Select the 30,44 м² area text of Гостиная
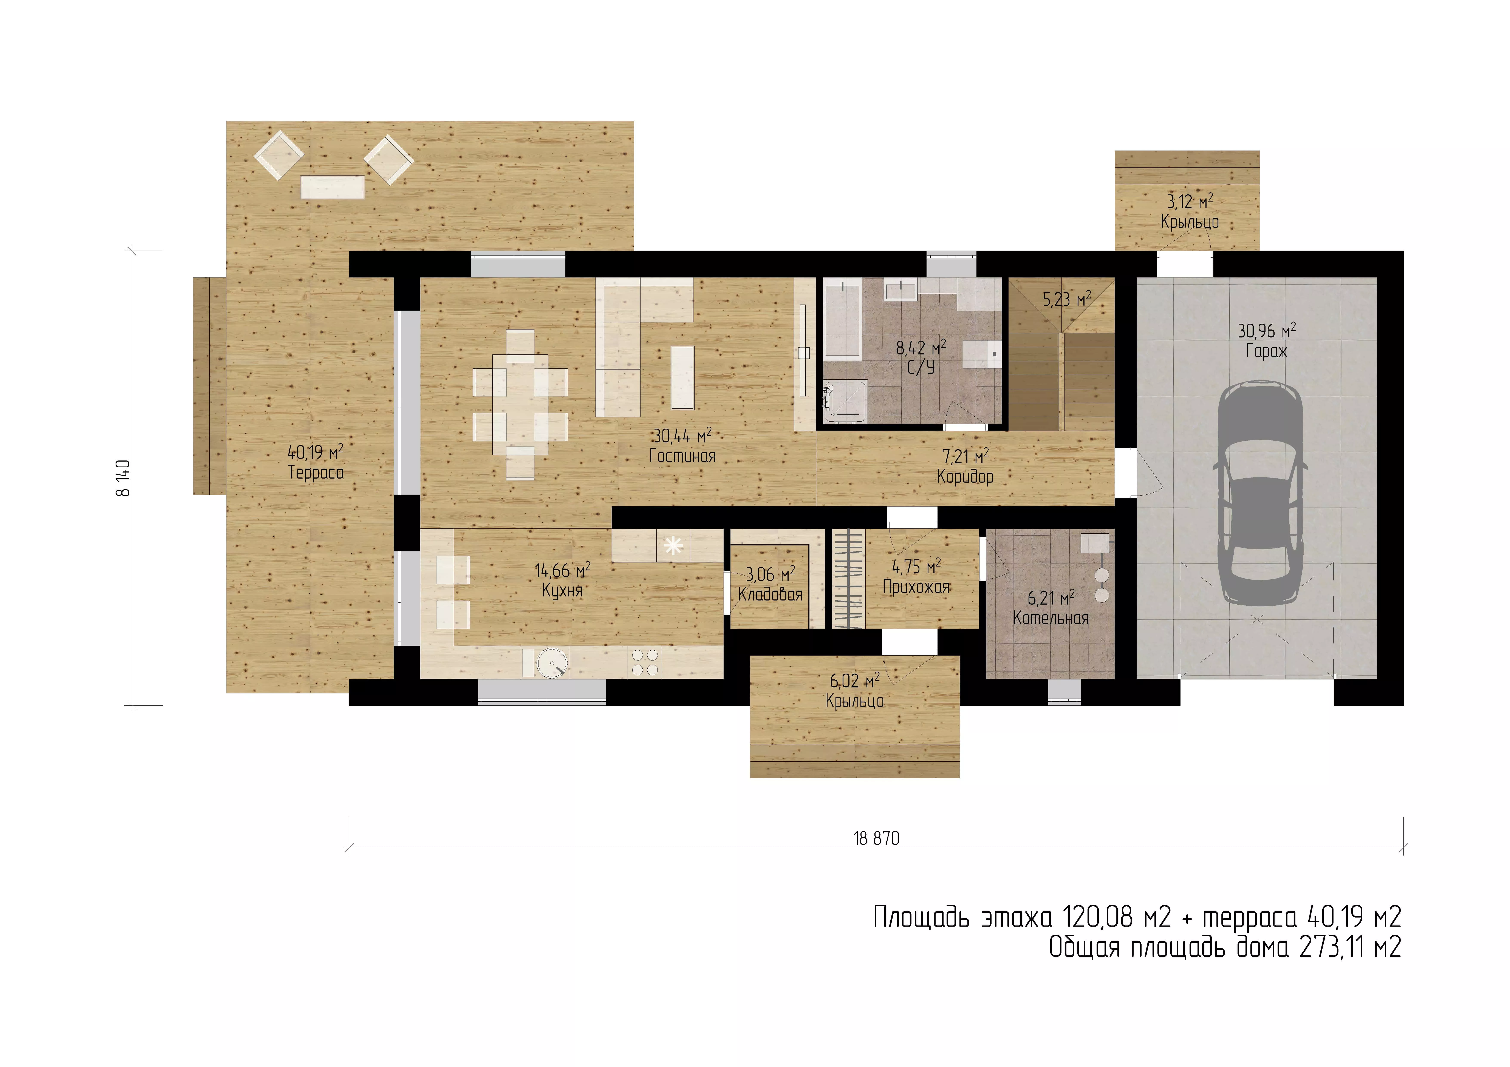coord(682,435)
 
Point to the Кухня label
coord(562,590)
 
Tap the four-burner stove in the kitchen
coord(644,663)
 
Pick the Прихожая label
coord(916,587)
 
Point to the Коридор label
coord(965,477)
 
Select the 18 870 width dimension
coord(876,838)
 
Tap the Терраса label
coord(316,472)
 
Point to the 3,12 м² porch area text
coord(1190,201)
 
